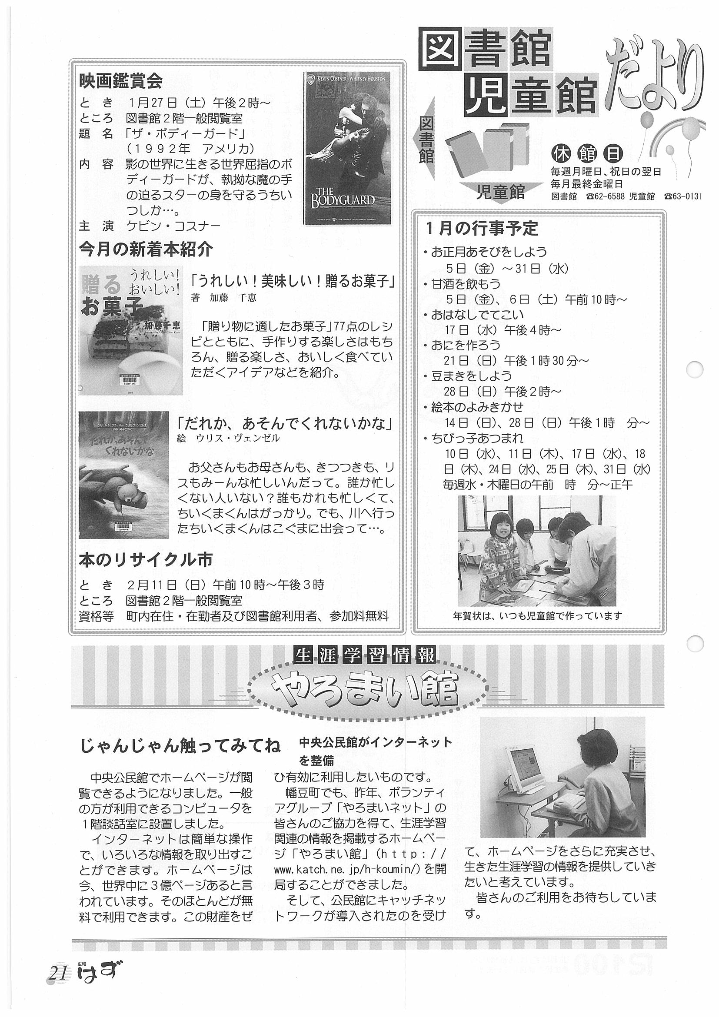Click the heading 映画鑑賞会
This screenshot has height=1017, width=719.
click(x=121, y=81)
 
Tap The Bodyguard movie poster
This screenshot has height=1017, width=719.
click(x=346, y=148)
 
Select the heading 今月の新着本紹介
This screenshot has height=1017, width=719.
click(x=146, y=250)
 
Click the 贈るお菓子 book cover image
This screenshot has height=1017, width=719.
click(x=131, y=330)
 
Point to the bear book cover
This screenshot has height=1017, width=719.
click(x=123, y=475)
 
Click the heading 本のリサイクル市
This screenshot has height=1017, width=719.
click(x=146, y=559)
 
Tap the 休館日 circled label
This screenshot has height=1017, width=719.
click(x=587, y=154)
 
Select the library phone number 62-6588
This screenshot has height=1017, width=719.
click(x=606, y=197)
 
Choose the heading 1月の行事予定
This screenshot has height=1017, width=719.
click(x=482, y=229)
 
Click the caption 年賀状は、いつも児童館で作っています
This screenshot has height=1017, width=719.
click(x=537, y=616)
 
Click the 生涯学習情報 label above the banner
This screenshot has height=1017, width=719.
click(x=365, y=655)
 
